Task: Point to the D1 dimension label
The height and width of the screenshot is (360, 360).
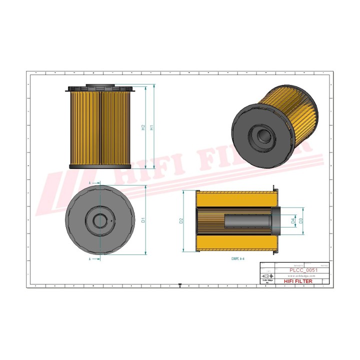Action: (143, 220)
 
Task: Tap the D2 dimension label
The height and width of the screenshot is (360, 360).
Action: (181, 220)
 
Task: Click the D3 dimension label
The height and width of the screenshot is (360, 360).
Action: (301, 220)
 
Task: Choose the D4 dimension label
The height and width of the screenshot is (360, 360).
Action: (293, 220)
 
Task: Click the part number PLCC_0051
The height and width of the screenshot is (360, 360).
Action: (303, 270)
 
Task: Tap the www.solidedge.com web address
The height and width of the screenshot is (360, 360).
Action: (303, 275)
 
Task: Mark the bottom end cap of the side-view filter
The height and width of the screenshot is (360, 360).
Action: (99, 166)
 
